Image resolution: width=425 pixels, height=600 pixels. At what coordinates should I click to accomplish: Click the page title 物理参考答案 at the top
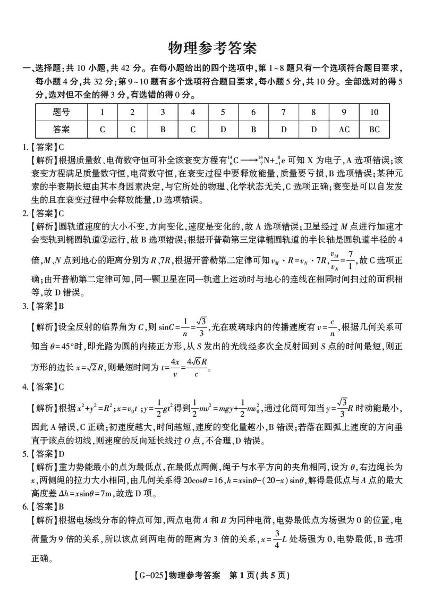click(212, 48)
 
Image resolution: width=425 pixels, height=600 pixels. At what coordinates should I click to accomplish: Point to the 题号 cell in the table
click(61, 112)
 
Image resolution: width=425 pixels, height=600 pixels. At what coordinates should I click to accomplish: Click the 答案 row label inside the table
click(61, 129)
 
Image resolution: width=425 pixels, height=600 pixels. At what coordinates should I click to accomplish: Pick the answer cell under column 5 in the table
click(223, 129)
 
